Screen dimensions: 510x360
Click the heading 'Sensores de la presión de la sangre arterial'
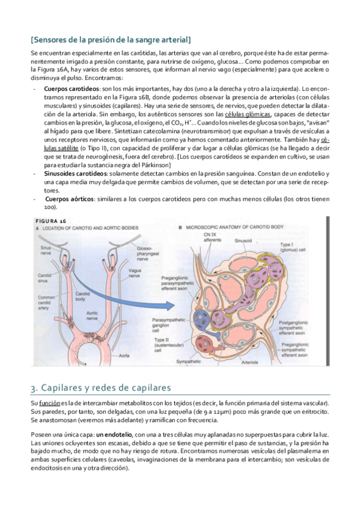pos(110,40)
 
